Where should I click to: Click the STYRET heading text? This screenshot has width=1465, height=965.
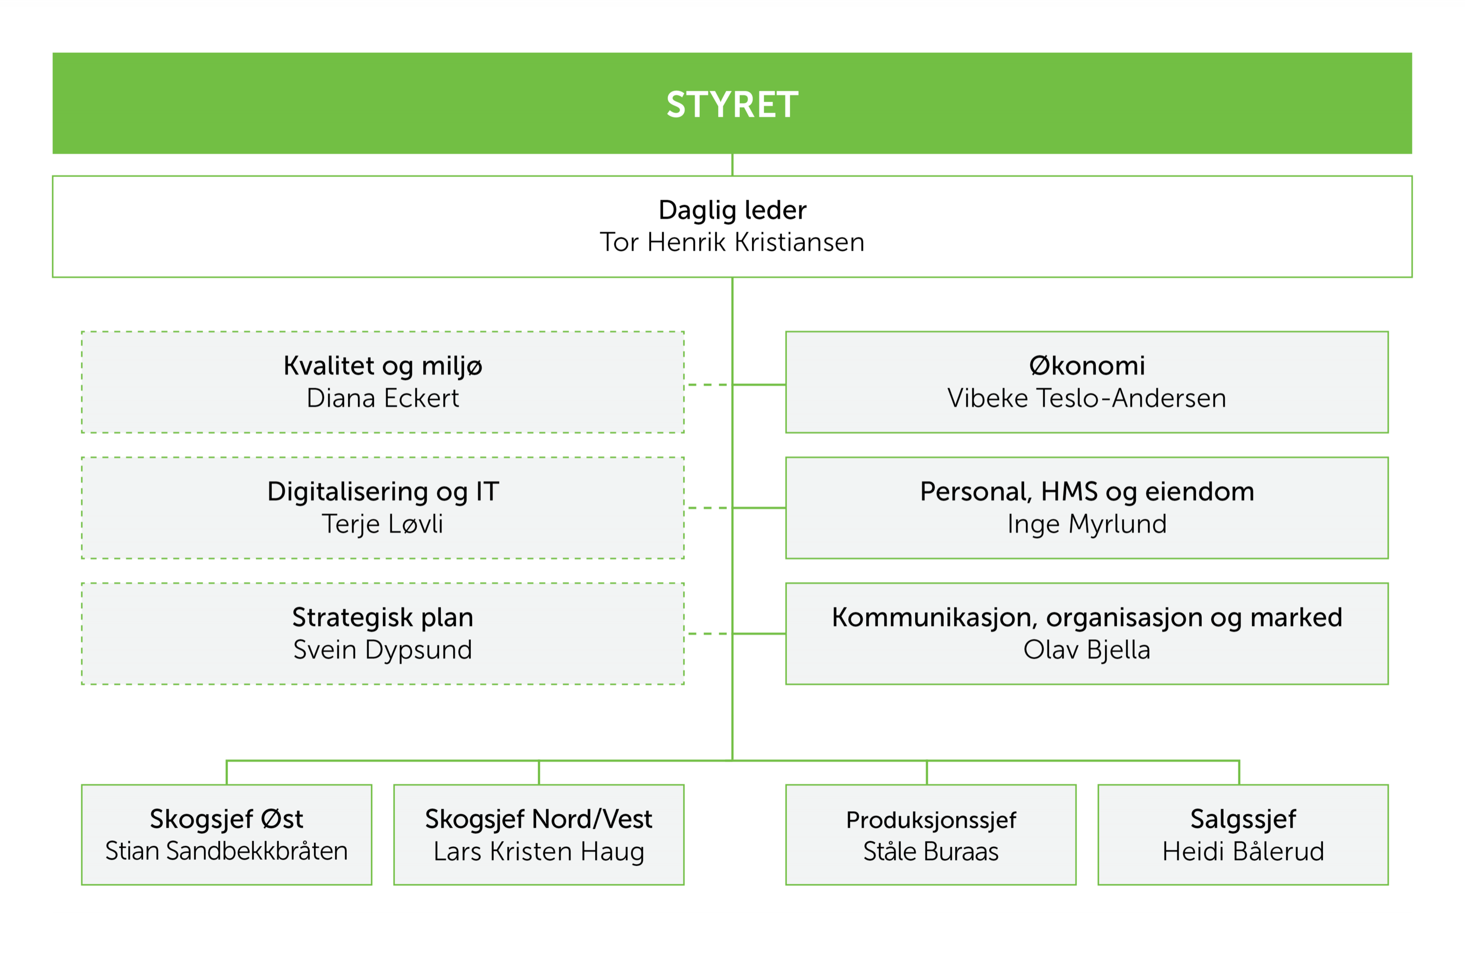[x=732, y=105]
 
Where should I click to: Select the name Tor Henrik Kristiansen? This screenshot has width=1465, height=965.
[x=732, y=242]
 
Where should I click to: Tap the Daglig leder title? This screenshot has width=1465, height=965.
[x=732, y=210]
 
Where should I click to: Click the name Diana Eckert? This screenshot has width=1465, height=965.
[x=382, y=398]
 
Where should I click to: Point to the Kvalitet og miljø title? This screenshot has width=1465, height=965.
[x=382, y=366]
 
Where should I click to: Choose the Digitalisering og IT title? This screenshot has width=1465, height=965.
[x=382, y=492]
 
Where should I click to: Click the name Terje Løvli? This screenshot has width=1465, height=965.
[x=382, y=524]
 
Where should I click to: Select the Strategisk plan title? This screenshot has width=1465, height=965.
[x=382, y=617]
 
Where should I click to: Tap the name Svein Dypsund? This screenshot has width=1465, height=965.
[x=382, y=650]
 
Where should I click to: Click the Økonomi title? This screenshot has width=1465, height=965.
[x=1087, y=366]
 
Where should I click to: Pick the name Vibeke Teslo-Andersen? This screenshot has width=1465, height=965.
[x=1087, y=398]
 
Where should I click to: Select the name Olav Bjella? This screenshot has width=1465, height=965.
[x=1087, y=650]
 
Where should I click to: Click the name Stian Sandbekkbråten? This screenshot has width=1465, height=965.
[x=227, y=851]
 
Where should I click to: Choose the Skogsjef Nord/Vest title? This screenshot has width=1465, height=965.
[x=539, y=819]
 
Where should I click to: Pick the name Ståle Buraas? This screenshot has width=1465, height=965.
[x=931, y=851]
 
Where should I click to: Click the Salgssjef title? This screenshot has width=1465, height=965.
[x=1243, y=819]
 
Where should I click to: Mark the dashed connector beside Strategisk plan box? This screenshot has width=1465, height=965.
[x=708, y=633]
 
